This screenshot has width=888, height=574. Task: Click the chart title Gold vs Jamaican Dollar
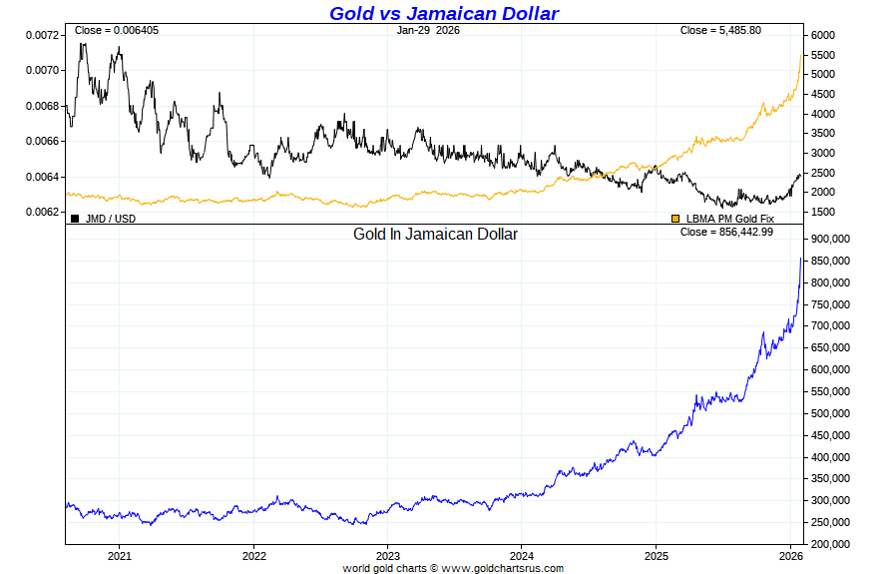[x=444, y=13]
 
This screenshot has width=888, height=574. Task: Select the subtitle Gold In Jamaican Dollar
[x=435, y=234]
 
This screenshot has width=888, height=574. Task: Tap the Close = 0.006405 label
[x=116, y=30]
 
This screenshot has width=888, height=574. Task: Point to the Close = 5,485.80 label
[x=720, y=30]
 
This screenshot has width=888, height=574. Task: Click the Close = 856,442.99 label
[x=726, y=232]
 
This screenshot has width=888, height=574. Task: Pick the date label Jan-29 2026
[x=428, y=30]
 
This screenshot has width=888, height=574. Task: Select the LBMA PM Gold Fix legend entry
[x=729, y=218]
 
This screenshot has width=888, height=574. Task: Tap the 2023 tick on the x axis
[x=388, y=555]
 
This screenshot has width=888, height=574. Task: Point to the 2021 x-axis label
[x=120, y=555]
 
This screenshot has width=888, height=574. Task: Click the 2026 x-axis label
[x=790, y=555]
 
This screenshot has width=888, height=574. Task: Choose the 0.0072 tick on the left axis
[x=41, y=35]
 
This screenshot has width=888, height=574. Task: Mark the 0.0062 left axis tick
[x=41, y=212]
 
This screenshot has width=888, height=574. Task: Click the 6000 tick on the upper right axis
[x=823, y=35]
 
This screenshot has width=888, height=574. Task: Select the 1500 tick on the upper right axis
[x=823, y=212]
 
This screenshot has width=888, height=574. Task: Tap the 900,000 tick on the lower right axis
[x=830, y=240]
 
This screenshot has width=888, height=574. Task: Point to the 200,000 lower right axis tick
[x=830, y=544]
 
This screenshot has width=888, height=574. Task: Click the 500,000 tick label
[x=830, y=413]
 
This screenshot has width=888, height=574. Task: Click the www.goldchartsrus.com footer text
[x=502, y=568]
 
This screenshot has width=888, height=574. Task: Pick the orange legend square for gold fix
[x=675, y=218]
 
